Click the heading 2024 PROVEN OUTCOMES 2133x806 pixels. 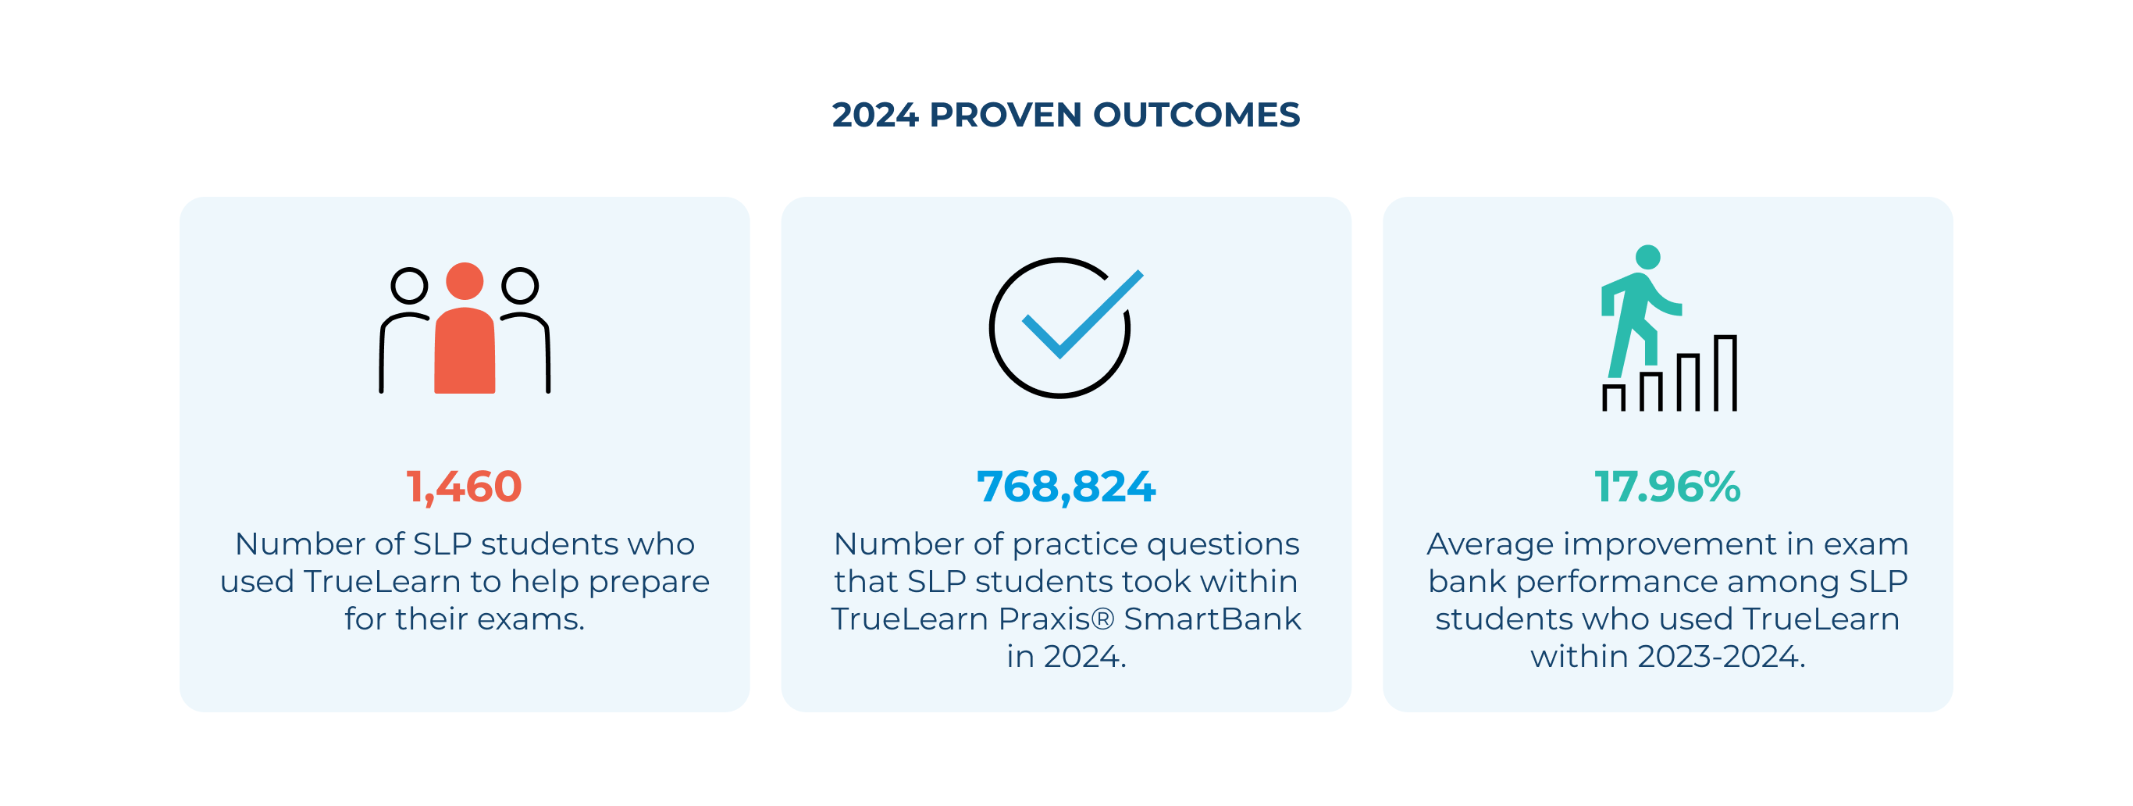[1066, 114]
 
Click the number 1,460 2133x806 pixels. [464, 487]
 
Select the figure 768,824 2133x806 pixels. [1066, 487]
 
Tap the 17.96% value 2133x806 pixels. [1667, 487]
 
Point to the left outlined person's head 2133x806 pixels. [409, 286]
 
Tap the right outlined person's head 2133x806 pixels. [520, 286]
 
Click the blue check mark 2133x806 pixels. [1081, 316]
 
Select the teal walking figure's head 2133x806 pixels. [1648, 257]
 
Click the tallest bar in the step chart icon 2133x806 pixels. [1725, 373]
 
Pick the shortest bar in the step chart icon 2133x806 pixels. [1613, 398]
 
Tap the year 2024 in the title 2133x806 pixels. [875, 114]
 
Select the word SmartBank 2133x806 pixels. [1212, 619]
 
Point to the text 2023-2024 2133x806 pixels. [1721, 657]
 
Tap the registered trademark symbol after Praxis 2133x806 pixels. [1104, 618]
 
